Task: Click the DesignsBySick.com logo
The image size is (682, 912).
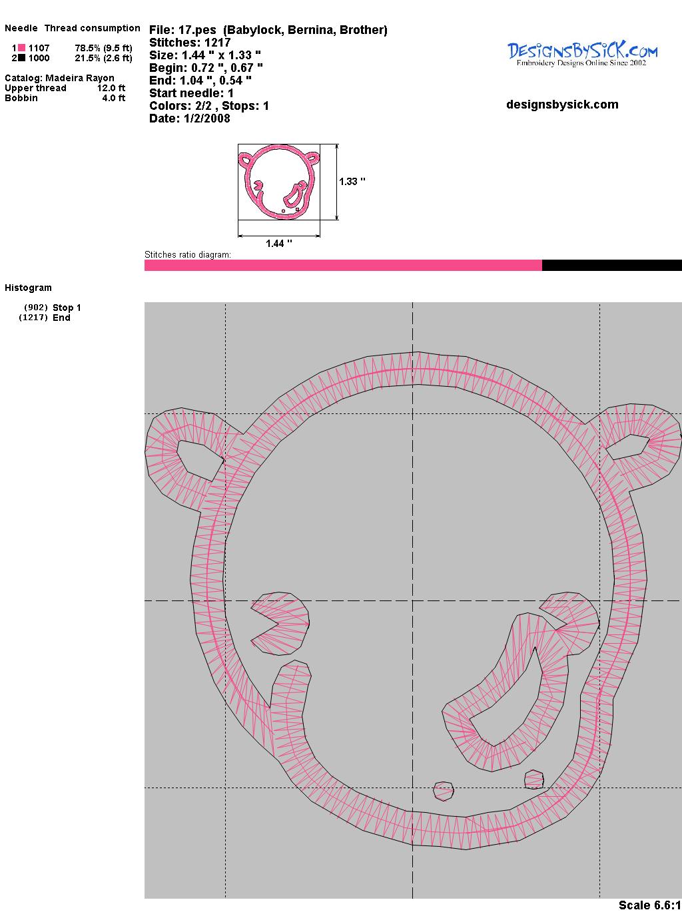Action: (582, 55)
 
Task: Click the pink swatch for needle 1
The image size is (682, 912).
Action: (21, 48)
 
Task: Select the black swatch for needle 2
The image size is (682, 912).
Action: (21, 58)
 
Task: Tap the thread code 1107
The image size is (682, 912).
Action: (39, 48)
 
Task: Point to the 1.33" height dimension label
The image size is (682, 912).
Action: (352, 182)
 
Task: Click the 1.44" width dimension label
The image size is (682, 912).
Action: (279, 244)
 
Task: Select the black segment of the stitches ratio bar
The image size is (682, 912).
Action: (612, 265)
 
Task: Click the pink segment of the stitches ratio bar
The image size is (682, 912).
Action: (343, 265)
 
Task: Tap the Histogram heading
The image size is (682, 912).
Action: (28, 288)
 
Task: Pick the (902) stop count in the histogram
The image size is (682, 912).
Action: (36, 308)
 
